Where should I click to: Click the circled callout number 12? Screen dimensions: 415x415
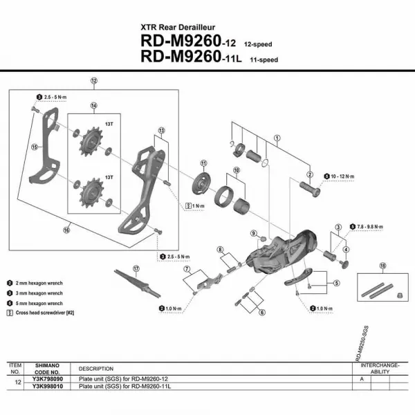93,80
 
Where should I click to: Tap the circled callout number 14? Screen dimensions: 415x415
93,105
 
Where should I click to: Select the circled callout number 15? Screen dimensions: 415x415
34,146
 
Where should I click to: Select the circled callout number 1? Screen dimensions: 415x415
277,138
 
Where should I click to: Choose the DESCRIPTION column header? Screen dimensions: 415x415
95,369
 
